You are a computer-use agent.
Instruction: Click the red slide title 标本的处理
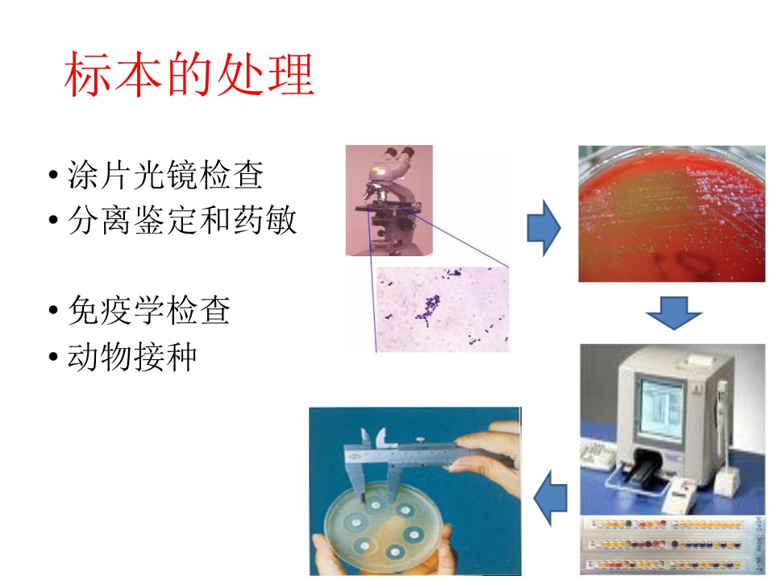coord(189,74)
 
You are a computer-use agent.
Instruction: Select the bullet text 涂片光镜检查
coord(165,175)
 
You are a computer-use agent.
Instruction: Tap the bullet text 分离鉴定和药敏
coord(182,220)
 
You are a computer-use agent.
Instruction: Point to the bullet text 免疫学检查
coord(148,310)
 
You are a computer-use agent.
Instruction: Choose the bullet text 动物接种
coord(131,357)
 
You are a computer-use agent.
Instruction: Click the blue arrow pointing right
coord(543,228)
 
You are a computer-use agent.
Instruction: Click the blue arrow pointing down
coord(673,313)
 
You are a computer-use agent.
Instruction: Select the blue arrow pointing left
coord(551,498)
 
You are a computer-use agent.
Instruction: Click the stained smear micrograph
coord(443,309)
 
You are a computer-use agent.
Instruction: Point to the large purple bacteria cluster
coord(428,309)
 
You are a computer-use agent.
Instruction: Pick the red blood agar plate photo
coord(672,213)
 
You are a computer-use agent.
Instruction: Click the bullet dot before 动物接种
coord(53,357)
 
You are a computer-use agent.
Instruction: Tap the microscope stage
coord(388,207)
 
